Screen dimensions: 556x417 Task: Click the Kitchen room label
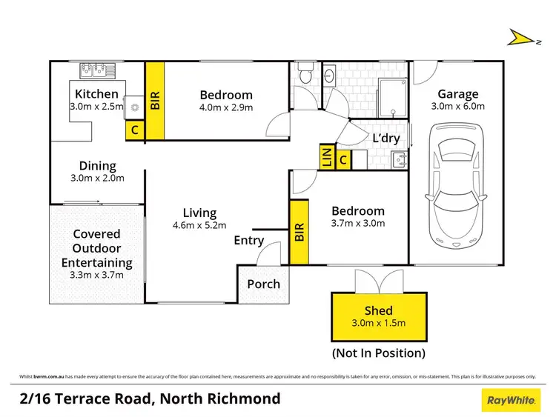(96, 94)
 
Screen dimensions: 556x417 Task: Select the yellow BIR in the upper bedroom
(155, 99)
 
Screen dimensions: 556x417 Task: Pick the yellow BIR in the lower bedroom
(299, 233)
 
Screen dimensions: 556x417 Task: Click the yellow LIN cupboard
(325, 157)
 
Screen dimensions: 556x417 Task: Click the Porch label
(263, 284)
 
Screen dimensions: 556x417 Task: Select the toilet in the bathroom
(303, 74)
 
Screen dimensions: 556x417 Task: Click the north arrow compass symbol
(520, 37)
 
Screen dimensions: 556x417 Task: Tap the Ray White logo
(512, 400)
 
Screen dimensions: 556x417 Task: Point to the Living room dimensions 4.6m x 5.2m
(199, 225)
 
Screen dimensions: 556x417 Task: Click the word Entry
(248, 241)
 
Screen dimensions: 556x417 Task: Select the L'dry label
(386, 139)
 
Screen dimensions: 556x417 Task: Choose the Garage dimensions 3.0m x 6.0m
(457, 106)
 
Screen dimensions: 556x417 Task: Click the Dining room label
(98, 166)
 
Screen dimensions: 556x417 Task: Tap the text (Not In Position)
(379, 353)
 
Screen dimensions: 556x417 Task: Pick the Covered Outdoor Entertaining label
(96, 248)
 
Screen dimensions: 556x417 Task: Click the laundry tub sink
(397, 159)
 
